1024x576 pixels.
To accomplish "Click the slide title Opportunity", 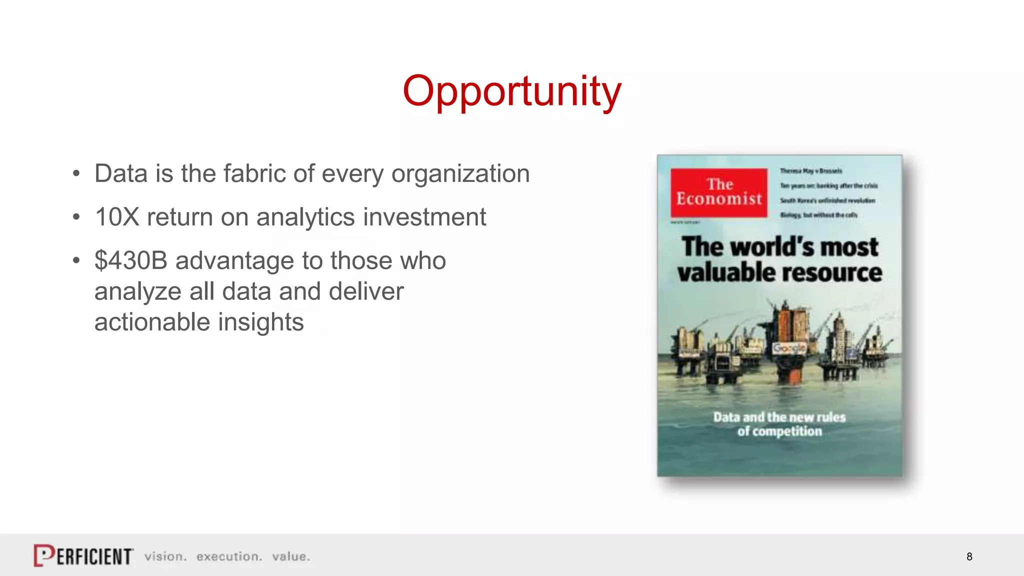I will click(511, 91).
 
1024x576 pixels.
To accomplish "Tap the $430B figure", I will click(130, 261).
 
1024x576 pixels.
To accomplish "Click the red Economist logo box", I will click(718, 192).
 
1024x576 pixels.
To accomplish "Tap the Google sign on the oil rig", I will click(789, 347).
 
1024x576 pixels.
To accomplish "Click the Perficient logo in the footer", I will click(83, 555).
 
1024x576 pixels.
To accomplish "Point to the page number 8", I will click(969, 556).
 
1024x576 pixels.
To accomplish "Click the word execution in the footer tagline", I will click(228, 556).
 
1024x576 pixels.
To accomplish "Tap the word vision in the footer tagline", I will click(165, 556).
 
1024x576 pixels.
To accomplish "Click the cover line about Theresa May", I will click(810, 171).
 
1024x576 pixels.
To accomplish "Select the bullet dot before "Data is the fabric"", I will click(76, 174).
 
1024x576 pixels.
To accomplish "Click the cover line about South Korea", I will click(827, 200).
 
